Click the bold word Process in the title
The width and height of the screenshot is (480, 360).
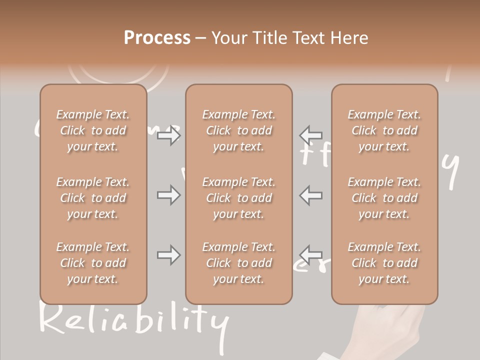pyautogui.click(x=157, y=38)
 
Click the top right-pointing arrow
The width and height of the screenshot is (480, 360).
pyautogui.click(x=168, y=135)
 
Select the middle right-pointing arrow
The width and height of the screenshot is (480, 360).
pyautogui.click(x=168, y=195)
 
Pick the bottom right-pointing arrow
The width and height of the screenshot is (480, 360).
pyautogui.click(x=168, y=255)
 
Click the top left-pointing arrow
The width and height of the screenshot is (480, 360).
pyautogui.click(x=311, y=135)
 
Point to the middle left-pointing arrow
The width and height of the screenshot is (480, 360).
pyautogui.click(x=311, y=195)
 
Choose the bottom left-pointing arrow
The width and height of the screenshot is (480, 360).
pyautogui.click(x=311, y=255)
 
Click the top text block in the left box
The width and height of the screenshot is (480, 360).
pyautogui.click(x=93, y=130)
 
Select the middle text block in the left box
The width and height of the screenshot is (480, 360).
pyautogui.click(x=93, y=198)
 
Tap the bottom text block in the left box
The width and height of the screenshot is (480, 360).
pyautogui.click(x=93, y=263)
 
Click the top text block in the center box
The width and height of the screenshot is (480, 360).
pyautogui.click(x=238, y=130)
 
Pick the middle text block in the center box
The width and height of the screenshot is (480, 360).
pyautogui.click(x=238, y=198)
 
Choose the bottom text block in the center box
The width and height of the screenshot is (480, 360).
pyautogui.click(x=238, y=263)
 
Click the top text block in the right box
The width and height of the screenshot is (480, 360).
pyautogui.click(x=384, y=130)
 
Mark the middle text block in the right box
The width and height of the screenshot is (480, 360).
pyautogui.click(x=384, y=198)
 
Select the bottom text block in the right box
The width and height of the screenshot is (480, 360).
pyautogui.click(x=384, y=263)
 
